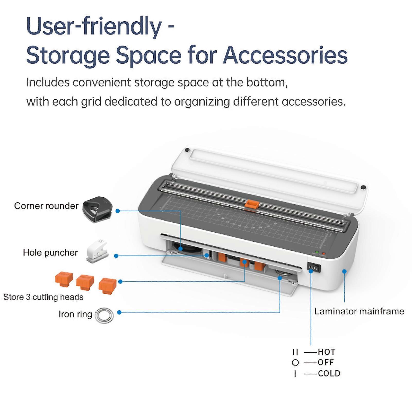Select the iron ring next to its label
pyautogui.click(x=104, y=315)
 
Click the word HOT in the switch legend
pyautogui.click(x=327, y=352)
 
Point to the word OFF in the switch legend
pyautogui.click(x=326, y=362)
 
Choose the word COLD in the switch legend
pyautogui.click(x=329, y=373)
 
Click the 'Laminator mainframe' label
pyautogui.click(x=359, y=311)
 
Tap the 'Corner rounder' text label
pyautogui.click(x=46, y=206)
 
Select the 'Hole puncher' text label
pyautogui.click(x=50, y=252)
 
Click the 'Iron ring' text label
pyautogui.click(x=75, y=314)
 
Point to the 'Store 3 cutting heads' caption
pyautogui.click(x=43, y=297)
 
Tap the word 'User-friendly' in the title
pyautogui.click(x=94, y=27)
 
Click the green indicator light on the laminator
pyautogui.click(x=317, y=252)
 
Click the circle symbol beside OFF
pyautogui.click(x=295, y=363)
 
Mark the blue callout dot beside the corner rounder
pyautogui.click(x=118, y=211)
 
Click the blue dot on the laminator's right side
pyautogui.click(x=344, y=271)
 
